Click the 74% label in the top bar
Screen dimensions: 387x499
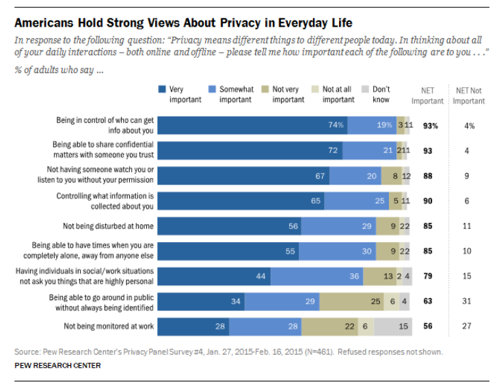click(x=335, y=125)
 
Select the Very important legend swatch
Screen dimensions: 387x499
click(x=162, y=89)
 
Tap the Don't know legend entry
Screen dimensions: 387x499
click(x=381, y=94)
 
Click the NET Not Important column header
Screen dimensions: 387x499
click(x=469, y=95)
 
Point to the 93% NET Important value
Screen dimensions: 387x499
click(x=430, y=125)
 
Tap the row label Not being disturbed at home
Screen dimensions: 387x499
click(x=108, y=226)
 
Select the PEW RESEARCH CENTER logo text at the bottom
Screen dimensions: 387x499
click(x=57, y=366)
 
